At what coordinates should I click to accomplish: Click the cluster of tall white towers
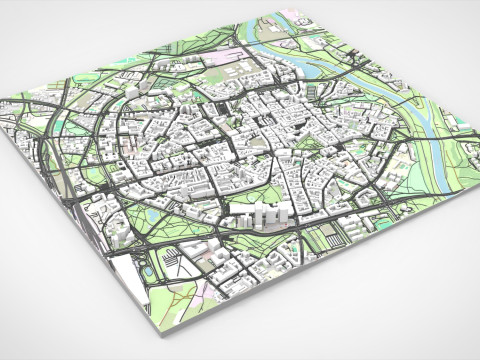click(x=264, y=215)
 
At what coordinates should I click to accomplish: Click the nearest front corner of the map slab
click(x=152, y=326)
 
